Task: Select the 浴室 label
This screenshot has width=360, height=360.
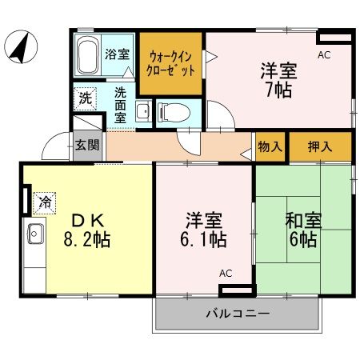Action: pos(118,54)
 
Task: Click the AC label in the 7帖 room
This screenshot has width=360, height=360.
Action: pos(324,55)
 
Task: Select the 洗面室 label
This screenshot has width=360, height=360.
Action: pos(119,103)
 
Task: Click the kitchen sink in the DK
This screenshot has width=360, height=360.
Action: pos(35,234)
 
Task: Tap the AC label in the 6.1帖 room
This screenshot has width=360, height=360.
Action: pos(226,274)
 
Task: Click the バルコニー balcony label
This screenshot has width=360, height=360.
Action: pos(241,313)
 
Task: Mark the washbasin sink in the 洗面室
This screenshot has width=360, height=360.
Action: pos(142,110)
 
